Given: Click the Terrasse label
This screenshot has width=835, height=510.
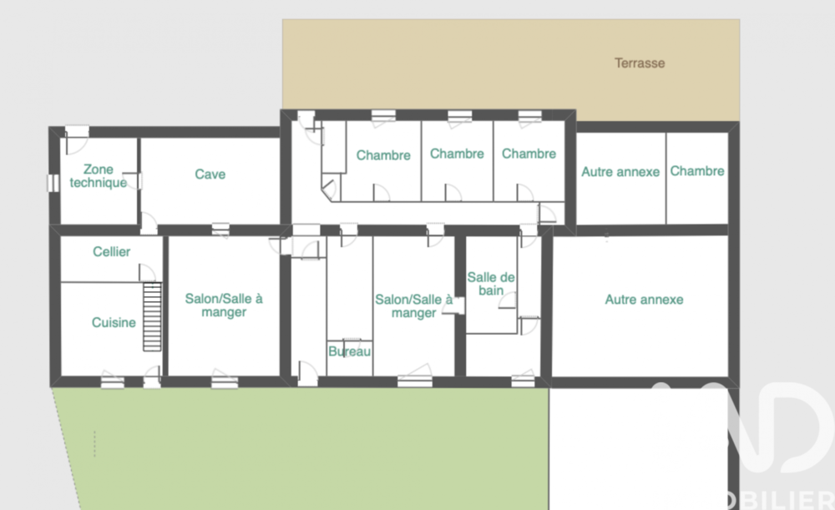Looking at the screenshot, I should (x=640, y=63).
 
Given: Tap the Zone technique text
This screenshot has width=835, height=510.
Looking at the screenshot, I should (x=98, y=176).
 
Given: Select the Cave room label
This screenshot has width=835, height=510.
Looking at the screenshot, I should (x=210, y=174).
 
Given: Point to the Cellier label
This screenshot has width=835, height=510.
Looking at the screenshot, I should (x=111, y=251).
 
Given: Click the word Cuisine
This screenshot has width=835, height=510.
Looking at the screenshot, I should (x=114, y=322).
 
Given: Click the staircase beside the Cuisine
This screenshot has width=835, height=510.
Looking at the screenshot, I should (x=151, y=316).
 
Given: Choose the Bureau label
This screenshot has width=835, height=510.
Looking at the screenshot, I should (x=349, y=352).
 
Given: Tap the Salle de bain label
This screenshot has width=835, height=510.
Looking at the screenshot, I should (x=491, y=283).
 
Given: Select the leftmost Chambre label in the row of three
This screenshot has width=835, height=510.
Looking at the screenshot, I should (x=383, y=155).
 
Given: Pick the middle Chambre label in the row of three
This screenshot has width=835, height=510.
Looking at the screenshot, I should (x=457, y=154).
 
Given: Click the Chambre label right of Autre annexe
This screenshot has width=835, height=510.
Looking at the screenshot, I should (x=697, y=171).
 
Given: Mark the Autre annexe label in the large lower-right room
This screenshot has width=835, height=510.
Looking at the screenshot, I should (x=644, y=299).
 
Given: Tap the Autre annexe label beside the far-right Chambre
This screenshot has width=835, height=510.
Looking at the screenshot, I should (x=620, y=172).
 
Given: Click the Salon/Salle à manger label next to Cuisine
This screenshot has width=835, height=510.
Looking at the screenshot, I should (x=224, y=305).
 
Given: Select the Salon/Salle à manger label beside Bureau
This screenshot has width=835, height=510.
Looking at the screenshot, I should (x=413, y=305).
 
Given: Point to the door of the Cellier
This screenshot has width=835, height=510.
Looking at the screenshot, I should (x=147, y=272).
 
